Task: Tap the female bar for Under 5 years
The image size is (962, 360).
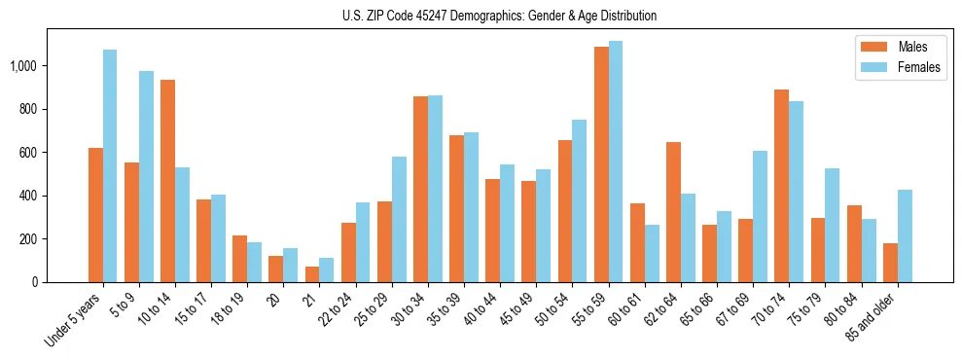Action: click(110, 165)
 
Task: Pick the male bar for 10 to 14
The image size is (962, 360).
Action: click(167, 181)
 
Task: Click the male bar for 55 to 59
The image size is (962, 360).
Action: click(601, 164)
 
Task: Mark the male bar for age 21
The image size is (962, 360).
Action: click(312, 274)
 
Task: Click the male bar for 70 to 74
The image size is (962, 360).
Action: click(781, 186)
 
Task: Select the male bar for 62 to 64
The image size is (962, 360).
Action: click(673, 212)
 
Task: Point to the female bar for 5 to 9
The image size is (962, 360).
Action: click(146, 176)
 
